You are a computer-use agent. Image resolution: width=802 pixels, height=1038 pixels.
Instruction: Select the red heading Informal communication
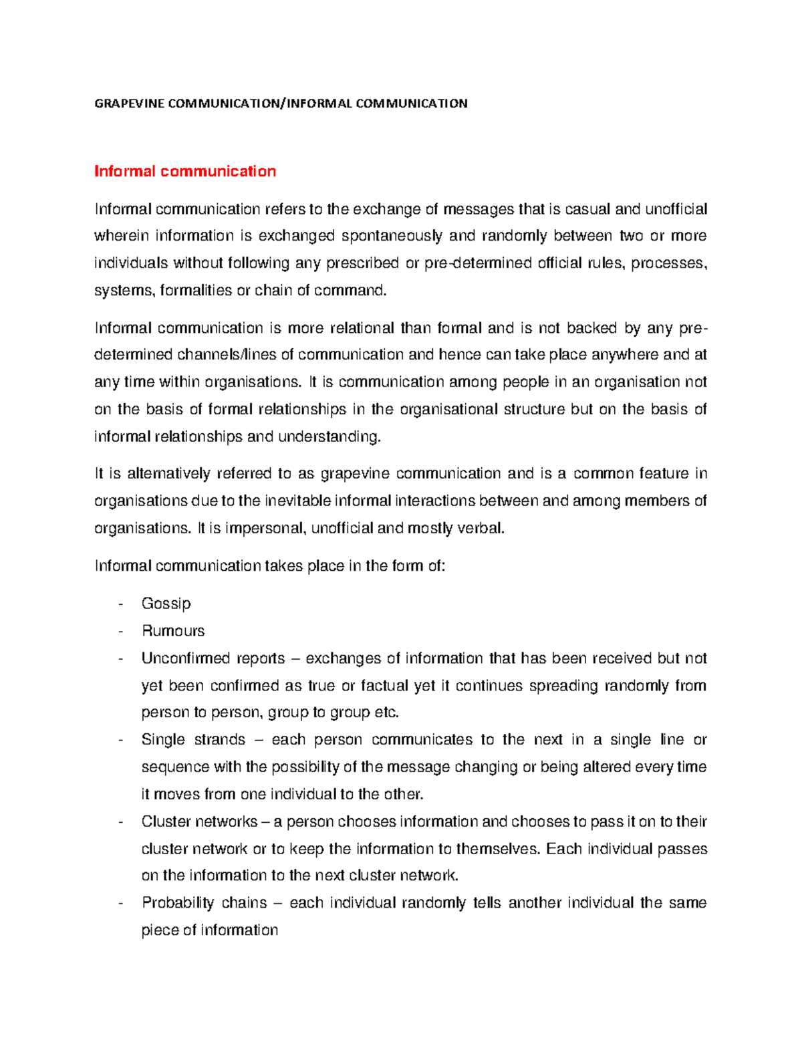coord(185,172)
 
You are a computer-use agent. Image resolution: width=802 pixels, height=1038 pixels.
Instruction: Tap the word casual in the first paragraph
coord(587,209)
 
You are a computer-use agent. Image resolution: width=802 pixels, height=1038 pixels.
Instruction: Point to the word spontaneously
coord(392,236)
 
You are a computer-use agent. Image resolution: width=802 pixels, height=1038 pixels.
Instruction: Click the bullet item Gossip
coord(166,604)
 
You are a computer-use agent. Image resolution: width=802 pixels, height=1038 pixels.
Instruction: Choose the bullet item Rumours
coord(173,631)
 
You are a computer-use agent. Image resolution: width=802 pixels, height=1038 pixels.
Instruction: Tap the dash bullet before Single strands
coord(120,740)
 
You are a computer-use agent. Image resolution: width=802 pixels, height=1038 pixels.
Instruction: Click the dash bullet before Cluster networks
coord(120,822)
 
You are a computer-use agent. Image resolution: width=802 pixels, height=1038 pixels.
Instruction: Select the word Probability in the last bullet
coord(177,903)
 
